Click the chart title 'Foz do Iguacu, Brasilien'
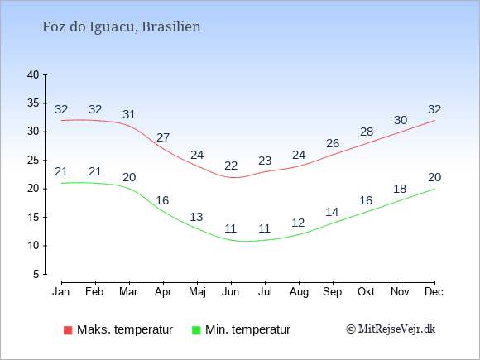coord(121,27)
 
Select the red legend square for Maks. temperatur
coord(68,330)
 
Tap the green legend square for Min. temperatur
coord(196,330)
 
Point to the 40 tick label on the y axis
coord(33,74)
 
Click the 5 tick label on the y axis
coord(36,274)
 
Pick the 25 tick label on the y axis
coord(33,160)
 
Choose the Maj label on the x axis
coord(197,292)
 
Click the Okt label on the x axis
coord(366,292)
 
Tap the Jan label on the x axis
coord(61,292)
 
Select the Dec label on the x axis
coord(434,292)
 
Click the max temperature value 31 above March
coord(129,114)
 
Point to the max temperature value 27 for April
coord(163,137)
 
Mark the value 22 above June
coord(231,166)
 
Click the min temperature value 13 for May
coord(196,217)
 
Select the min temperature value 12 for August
coord(298,223)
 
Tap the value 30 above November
coord(401,120)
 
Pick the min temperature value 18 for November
coord(400,189)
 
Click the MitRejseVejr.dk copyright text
coord(391,329)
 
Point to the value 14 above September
coord(332,212)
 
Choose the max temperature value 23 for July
coord(265,161)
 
